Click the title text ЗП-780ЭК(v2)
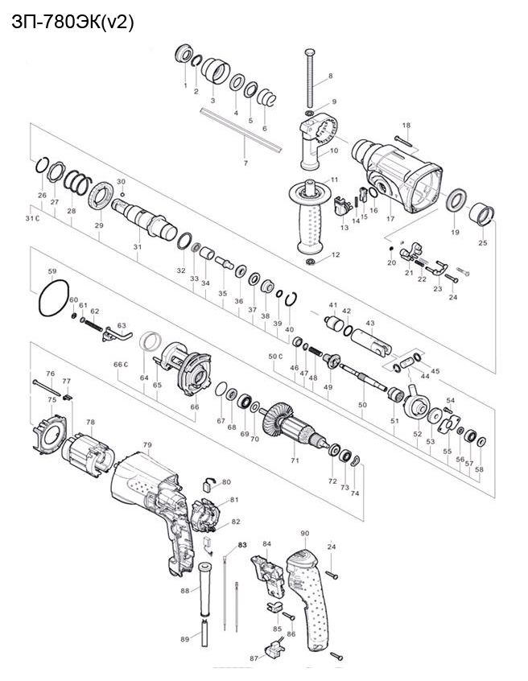[x=72, y=23]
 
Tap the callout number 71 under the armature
[x=295, y=460]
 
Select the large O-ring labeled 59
[x=54, y=298]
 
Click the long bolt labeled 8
[x=310, y=78]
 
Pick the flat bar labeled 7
[x=241, y=130]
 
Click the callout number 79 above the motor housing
[x=147, y=444]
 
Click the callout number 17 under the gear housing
[x=390, y=218]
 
